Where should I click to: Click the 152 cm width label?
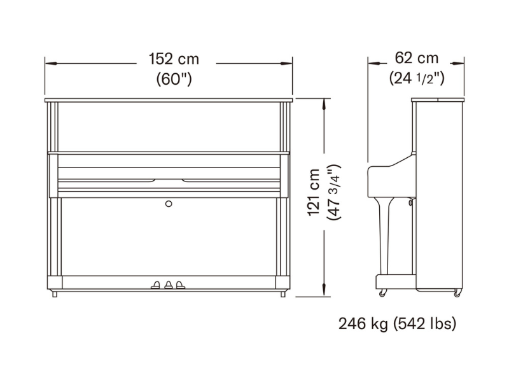(174, 59)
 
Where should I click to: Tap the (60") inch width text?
(174, 78)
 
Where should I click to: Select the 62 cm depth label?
(417, 58)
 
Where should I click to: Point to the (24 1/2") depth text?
(417, 78)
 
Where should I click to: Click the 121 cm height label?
(314, 192)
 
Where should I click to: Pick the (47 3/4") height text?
(333, 192)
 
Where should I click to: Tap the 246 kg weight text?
(363, 324)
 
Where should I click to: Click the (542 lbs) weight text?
(424, 324)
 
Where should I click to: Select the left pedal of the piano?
(155, 285)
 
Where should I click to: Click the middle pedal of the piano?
(169, 285)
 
